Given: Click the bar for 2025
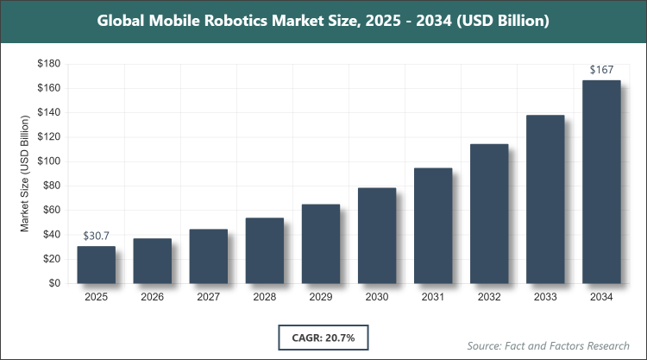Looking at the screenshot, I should coord(96,264).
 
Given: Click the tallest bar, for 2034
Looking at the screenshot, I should coord(601,181).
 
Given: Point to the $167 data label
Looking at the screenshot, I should coord(601,69).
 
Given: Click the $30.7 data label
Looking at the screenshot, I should coord(96,236).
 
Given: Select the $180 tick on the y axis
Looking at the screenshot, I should coord(47,64).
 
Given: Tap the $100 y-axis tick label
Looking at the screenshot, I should coord(47,161).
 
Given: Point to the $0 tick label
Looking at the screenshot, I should coord(53,283).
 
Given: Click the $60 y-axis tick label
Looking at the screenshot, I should coord(50,210).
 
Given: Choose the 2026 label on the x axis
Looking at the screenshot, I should coord(152,298).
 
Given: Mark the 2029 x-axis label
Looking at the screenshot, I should coord(320,298).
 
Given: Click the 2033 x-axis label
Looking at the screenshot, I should coord(545,298).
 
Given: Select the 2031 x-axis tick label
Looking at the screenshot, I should coord(433,298).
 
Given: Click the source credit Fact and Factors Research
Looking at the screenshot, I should coord(549,345).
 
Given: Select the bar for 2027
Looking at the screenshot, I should coord(208,256).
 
